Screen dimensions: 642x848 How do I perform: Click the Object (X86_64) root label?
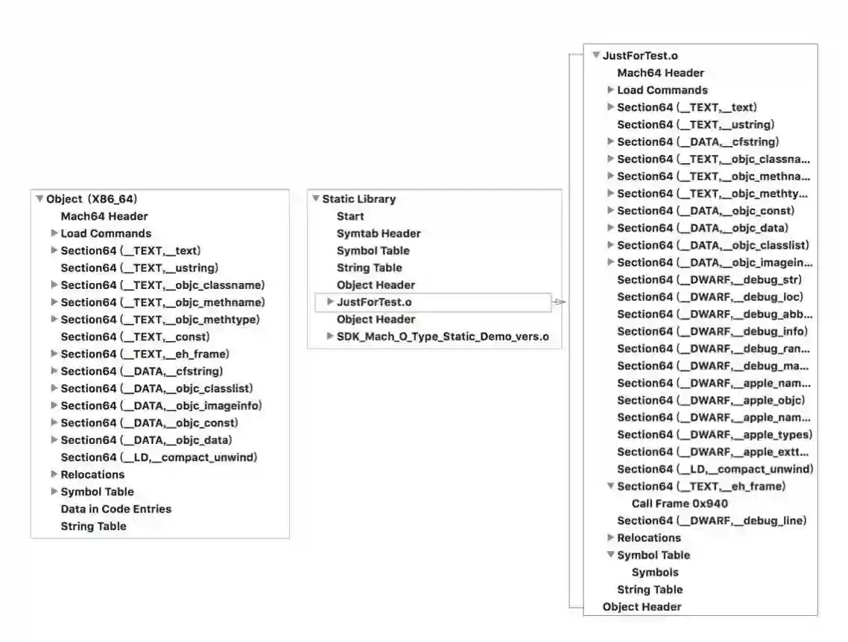[x=92, y=199]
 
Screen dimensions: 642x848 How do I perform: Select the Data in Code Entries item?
[x=116, y=509]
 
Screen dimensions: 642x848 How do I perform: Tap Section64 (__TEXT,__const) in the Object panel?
[x=135, y=337]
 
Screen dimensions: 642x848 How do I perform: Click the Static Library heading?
[x=358, y=199]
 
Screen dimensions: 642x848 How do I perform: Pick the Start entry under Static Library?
[x=350, y=216]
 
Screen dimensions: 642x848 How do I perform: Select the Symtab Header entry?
[x=379, y=233]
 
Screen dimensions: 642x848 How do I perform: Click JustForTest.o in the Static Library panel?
[x=374, y=302]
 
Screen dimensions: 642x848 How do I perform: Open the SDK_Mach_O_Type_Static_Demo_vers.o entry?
[x=443, y=336]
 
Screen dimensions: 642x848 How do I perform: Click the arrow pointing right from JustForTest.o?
[x=560, y=302]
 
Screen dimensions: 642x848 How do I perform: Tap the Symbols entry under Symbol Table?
[x=655, y=572]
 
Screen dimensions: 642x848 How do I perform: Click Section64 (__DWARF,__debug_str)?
[x=709, y=279]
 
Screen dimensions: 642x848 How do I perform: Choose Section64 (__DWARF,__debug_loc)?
[x=709, y=296]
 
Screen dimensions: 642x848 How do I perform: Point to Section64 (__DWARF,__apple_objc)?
[x=711, y=400]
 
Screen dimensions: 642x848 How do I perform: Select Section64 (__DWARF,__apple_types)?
[x=715, y=434]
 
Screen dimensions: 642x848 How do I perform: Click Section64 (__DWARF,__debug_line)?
[x=712, y=521]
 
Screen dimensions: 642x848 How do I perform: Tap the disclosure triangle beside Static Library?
[x=316, y=199]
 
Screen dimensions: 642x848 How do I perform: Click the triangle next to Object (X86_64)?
[x=39, y=199]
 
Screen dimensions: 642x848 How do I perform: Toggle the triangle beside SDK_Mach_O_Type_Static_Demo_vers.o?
[x=330, y=336]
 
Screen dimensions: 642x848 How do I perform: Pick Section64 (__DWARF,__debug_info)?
[x=712, y=331]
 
